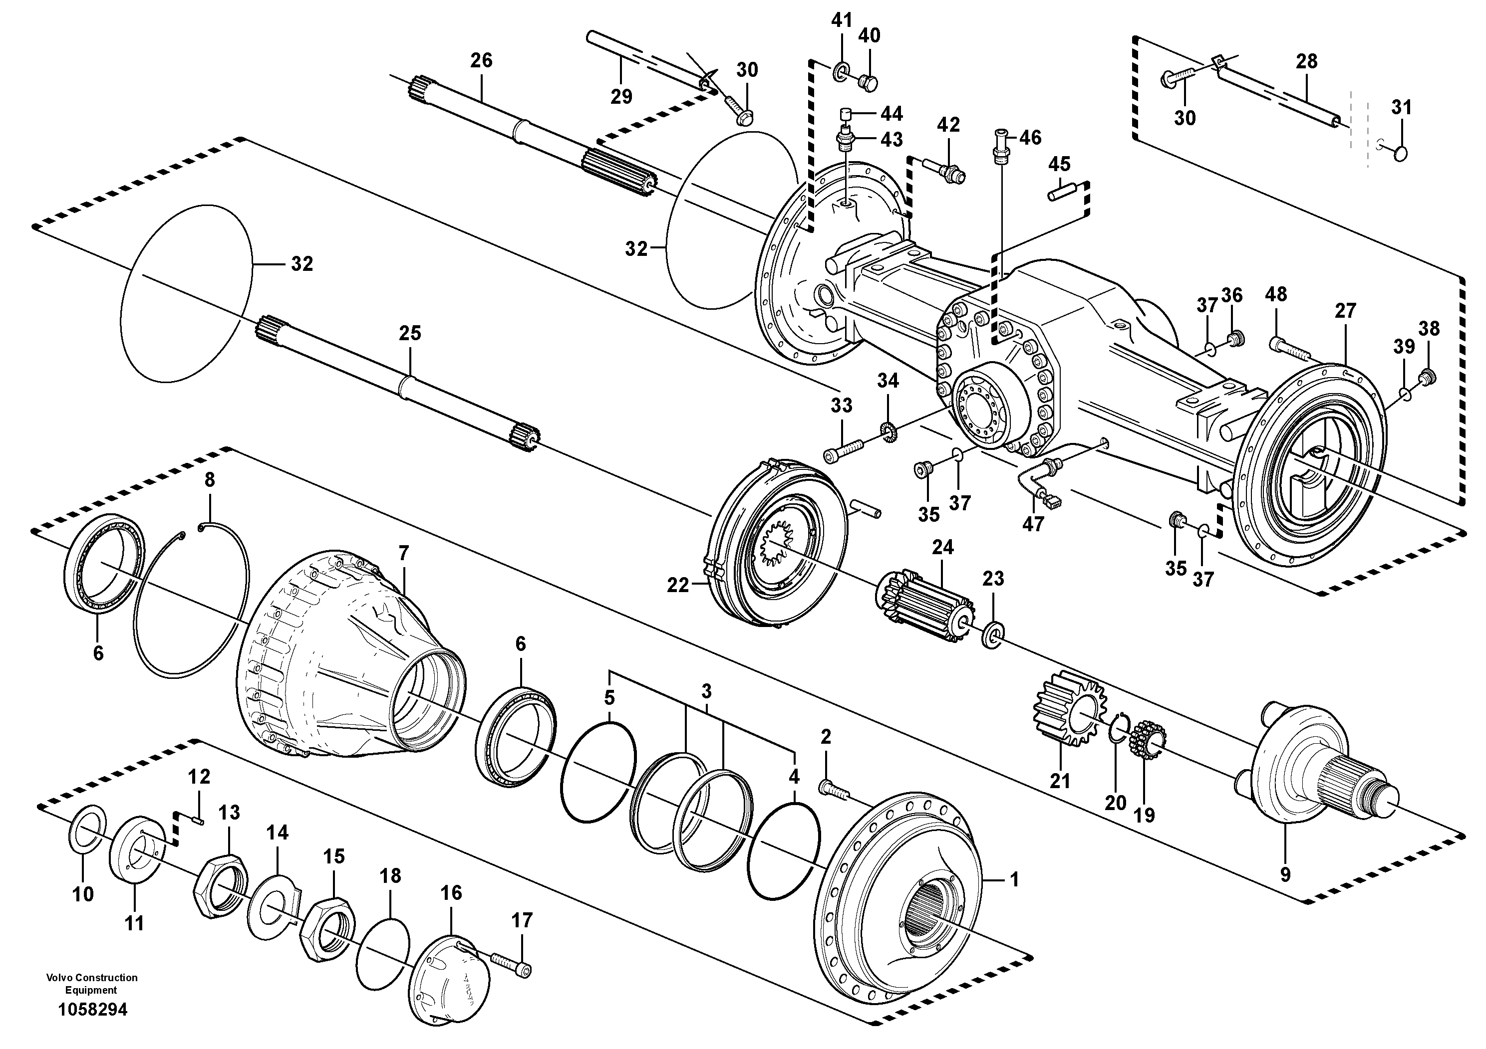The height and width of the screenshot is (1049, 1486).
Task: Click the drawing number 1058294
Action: tap(92, 1010)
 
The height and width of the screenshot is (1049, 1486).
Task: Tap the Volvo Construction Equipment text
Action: tap(91, 984)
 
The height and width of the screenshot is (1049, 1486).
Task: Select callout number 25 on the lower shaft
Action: tap(410, 333)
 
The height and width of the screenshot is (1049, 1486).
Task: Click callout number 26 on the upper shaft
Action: tap(481, 60)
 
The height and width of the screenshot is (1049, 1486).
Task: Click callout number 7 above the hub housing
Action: tap(404, 553)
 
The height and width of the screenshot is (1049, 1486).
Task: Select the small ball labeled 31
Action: tap(1400, 153)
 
